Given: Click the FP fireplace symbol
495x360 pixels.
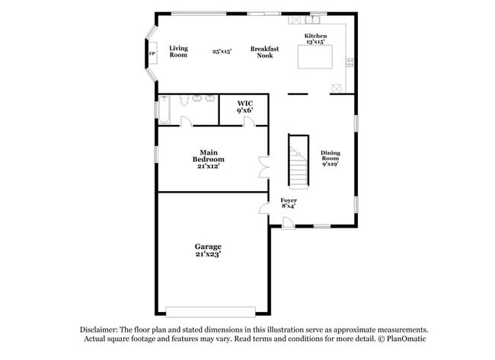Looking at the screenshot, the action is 152,53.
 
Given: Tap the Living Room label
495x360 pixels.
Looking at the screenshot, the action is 178,52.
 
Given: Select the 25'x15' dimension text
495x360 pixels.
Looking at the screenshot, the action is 222,51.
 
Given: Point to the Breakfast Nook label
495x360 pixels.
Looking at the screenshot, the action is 264,52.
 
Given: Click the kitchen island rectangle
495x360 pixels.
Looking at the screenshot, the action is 315,57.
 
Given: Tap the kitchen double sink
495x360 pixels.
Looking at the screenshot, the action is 312,20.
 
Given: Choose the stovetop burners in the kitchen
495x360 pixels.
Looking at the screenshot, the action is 350,62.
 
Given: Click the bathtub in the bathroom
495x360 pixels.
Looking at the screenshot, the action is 164,110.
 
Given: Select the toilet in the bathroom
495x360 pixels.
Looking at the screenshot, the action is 184,99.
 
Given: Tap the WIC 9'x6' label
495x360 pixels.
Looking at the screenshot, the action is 245,107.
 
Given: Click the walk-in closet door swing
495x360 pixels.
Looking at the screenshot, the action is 249,122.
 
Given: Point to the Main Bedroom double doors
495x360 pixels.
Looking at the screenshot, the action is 264,167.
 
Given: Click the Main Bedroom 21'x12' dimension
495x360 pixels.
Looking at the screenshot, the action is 209,166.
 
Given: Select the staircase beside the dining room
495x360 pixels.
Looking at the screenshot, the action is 299,161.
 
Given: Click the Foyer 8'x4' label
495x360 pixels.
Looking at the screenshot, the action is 289,203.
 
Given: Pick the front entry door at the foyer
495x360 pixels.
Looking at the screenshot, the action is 288,222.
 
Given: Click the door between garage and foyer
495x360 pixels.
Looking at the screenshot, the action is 264,209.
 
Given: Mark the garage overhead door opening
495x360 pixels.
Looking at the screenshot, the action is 210,312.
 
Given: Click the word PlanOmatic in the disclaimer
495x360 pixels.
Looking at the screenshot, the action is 407,339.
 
